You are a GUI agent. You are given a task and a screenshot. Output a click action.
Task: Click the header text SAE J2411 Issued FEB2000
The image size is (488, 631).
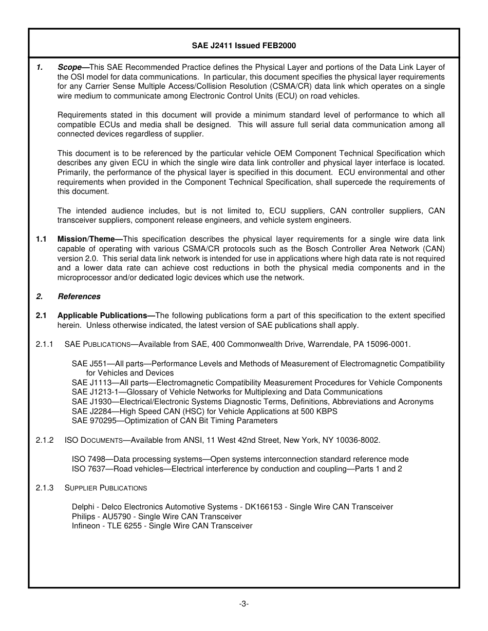coord(244,46)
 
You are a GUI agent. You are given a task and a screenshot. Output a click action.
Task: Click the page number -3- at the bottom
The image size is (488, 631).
coord(244,604)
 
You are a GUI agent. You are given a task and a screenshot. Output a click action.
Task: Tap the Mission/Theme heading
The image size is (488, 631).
coord(89,239)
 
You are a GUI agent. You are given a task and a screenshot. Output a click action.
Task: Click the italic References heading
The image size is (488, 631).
coord(79,297)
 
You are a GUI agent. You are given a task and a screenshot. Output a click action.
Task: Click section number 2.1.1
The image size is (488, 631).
coord(45,344)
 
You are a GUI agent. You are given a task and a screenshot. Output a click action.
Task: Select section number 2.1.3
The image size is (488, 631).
coord(45,488)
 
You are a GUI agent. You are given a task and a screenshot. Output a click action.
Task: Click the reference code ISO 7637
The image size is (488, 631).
coord(88,469)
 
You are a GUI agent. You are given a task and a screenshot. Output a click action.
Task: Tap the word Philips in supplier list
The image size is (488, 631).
coord(83,517)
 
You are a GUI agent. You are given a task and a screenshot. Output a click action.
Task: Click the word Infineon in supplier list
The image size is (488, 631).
coord(86,526)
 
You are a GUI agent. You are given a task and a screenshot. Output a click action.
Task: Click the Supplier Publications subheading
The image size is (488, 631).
coord(106,488)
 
